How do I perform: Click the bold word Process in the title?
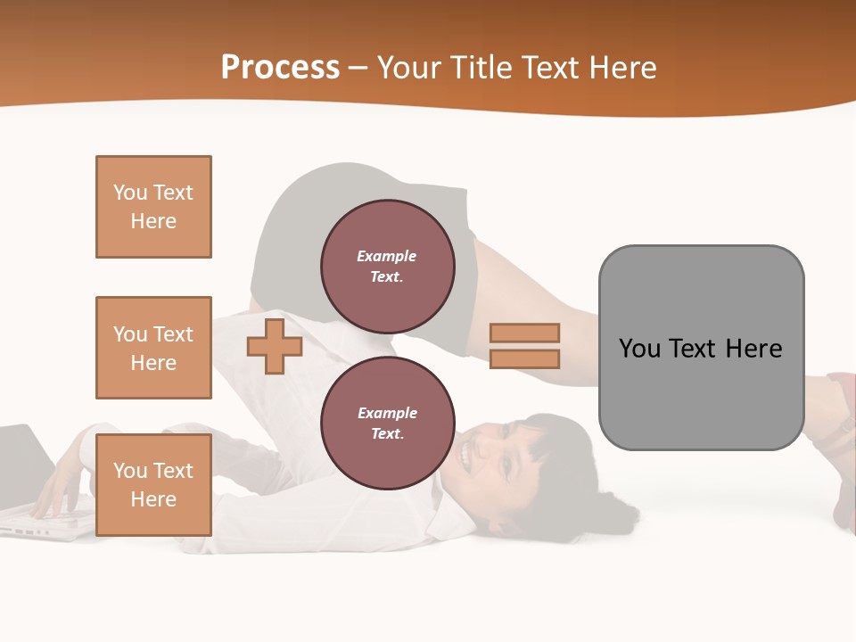(280, 68)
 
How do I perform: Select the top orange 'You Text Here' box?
(153, 207)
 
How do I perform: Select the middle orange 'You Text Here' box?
(153, 348)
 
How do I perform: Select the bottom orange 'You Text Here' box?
(153, 484)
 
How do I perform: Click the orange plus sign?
(275, 346)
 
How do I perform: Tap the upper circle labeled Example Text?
(387, 266)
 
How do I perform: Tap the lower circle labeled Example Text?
(387, 423)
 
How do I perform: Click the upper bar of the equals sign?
(524, 333)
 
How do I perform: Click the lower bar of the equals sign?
(524, 359)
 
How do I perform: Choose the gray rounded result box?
(701, 392)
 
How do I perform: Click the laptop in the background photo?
(27, 473)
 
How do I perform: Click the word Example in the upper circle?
(387, 256)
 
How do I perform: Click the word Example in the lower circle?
(387, 413)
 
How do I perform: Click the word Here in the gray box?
(754, 349)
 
